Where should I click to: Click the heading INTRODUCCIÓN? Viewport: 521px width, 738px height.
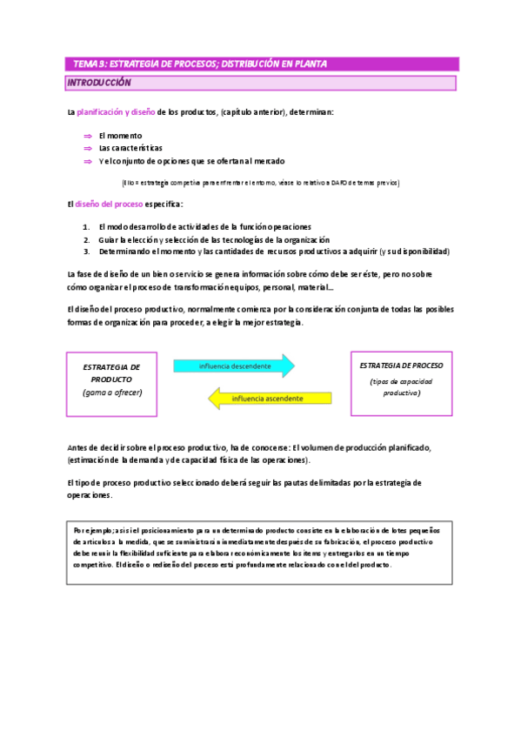click(x=99, y=83)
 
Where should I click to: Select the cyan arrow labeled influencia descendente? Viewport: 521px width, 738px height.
click(x=234, y=366)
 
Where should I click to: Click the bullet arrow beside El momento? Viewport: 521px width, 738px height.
click(x=87, y=136)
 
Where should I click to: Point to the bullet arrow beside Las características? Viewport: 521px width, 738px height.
click(x=87, y=148)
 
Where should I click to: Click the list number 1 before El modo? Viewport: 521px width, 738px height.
click(x=86, y=226)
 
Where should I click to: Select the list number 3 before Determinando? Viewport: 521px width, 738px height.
click(x=86, y=252)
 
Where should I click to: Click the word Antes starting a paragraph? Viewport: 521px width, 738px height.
click(x=79, y=447)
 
